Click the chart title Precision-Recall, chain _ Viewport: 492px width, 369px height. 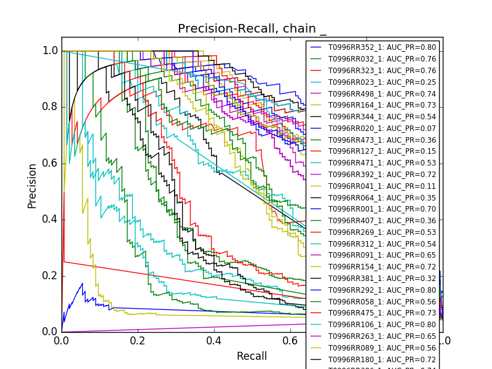pyautogui.click(x=252, y=29)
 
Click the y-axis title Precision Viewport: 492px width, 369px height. pyautogui.click(x=32, y=186)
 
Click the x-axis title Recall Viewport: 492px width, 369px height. pyautogui.click(x=252, y=356)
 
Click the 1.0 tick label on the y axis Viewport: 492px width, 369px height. pyautogui.click(x=50, y=51)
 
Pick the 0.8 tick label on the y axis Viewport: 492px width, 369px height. pyautogui.click(x=50, y=107)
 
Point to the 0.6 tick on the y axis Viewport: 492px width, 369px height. pyautogui.click(x=50, y=164)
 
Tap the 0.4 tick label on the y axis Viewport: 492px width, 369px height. pyautogui.click(x=50, y=220)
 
